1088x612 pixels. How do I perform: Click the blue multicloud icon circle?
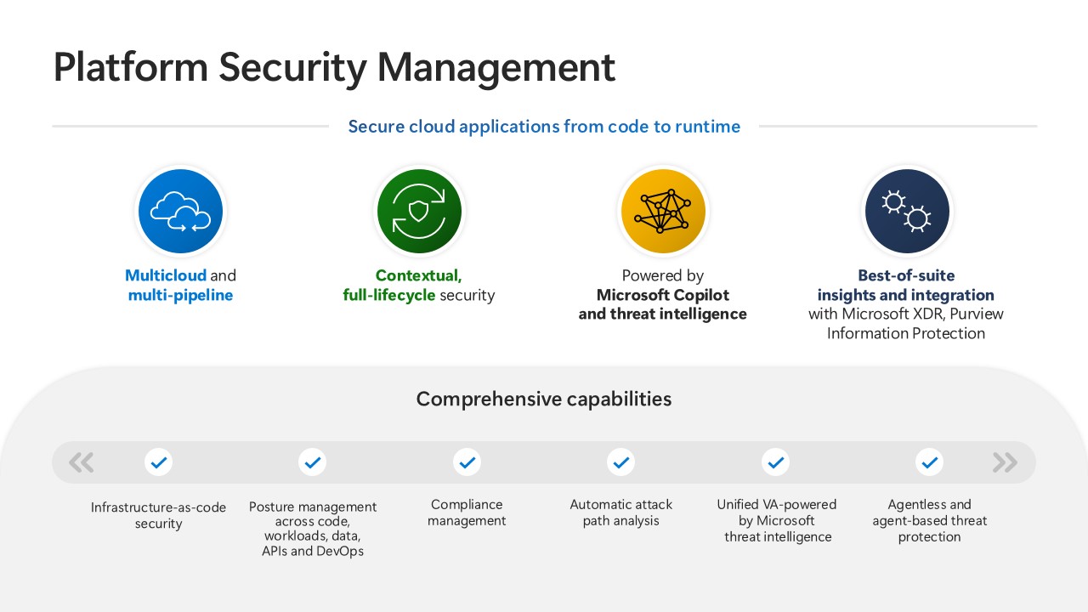(181, 211)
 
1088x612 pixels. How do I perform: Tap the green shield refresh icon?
(419, 211)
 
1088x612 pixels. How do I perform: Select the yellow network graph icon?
(663, 211)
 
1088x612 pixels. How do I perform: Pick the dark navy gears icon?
(907, 211)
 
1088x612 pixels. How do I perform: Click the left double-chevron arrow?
(81, 462)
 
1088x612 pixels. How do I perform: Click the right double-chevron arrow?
(1005, 462)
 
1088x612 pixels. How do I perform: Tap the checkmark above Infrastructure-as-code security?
(158, 462)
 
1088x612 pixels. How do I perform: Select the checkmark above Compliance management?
(467, 462)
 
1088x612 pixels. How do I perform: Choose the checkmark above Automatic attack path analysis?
(620, 462)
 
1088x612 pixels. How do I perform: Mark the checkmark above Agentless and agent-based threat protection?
(929, 462)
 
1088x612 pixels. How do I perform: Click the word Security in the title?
(292, 68)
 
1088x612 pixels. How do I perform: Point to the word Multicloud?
(166, 275)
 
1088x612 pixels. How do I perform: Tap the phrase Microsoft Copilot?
(662, 295)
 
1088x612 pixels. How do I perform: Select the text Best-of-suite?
(906, 275)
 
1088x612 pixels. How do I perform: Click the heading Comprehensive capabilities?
(544, 399)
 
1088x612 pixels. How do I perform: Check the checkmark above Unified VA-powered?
(775, 462)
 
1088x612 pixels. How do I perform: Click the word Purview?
(977, 314)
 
